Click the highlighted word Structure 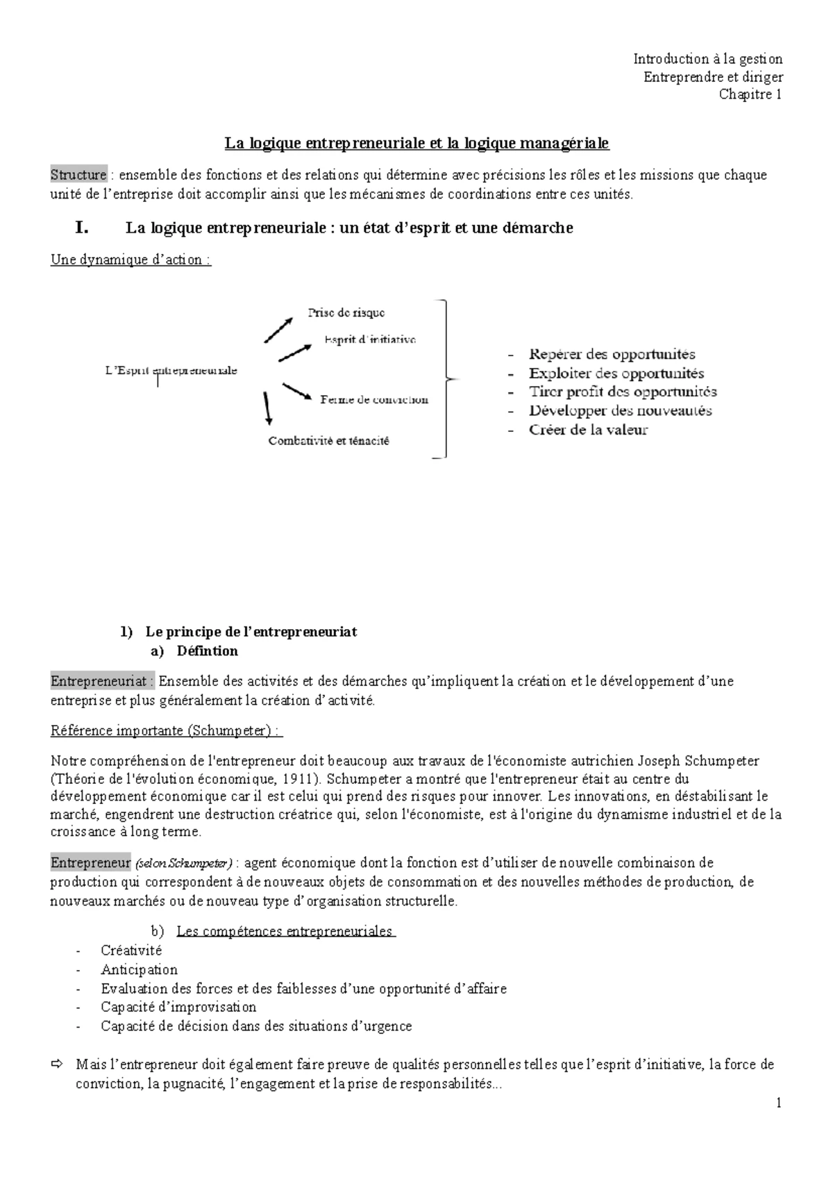click(78, 175)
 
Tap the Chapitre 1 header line click(750, 94)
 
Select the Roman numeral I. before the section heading click(82, 227)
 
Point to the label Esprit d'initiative click(369, 340)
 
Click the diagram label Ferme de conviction click(374, 400)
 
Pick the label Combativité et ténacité click(328, 441)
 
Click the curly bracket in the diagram click(446, 379)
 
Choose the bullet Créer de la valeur click(587, 430)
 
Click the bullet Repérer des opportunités click(611, 355)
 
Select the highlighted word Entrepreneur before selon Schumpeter click(90, 863)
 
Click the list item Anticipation click(139, 969)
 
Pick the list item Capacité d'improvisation click(178, 1007)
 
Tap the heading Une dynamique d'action click(131, 260)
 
